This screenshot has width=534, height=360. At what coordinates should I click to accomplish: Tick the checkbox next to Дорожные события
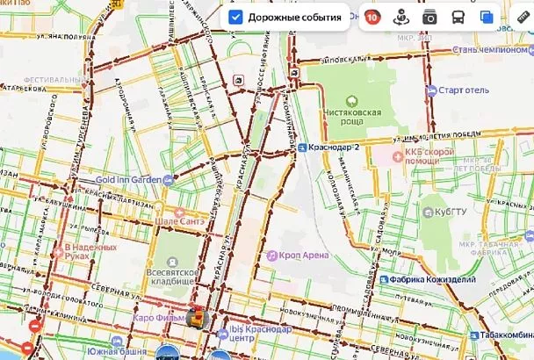235,17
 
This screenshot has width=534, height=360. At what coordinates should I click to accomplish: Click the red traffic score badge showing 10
372,17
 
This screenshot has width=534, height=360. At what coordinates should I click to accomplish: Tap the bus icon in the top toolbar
458,17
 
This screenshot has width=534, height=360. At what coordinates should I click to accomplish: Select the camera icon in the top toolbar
429,17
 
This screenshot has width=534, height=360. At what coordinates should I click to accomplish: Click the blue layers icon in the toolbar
486,17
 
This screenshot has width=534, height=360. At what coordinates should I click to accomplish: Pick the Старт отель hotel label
455,90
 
